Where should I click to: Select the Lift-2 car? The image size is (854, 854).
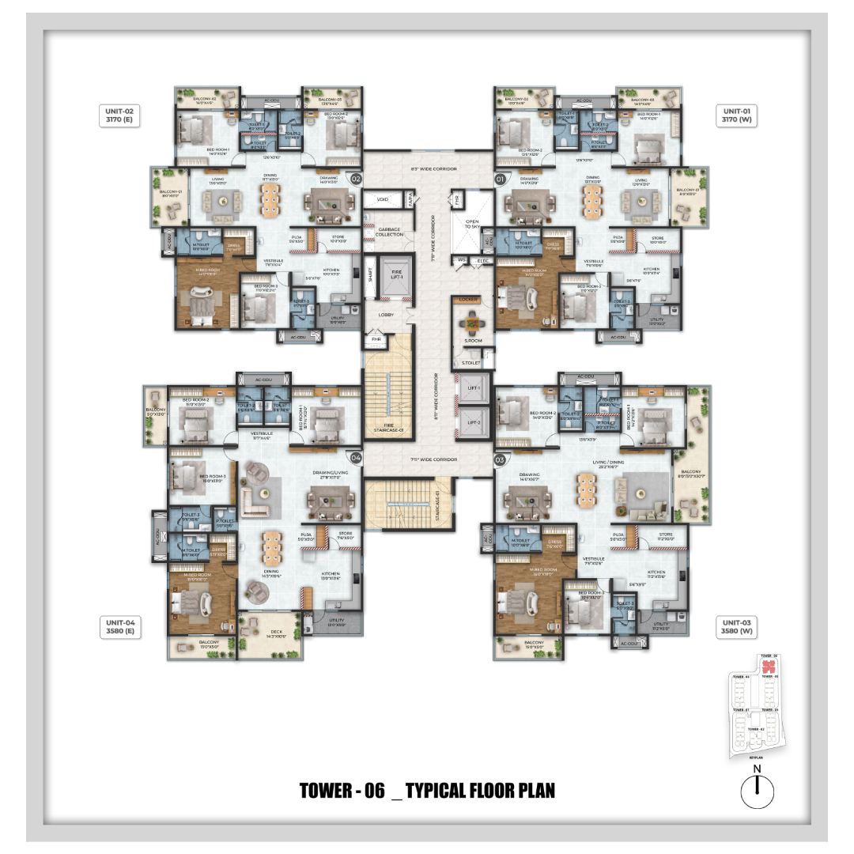click(x=474, y=422)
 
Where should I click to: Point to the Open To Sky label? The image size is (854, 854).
click(x=472, y=225)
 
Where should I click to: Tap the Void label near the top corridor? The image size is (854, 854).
click(x=383, y=200)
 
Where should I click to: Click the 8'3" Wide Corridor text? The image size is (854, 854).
click(x=428, y=168)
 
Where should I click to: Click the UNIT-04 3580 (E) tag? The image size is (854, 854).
click(x=120, y=627)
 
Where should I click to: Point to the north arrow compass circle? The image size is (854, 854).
click(x=757, y=791)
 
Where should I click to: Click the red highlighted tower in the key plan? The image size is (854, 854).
click(x=766, y=667)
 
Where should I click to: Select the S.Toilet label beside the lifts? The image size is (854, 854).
click(x=472, y=363)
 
